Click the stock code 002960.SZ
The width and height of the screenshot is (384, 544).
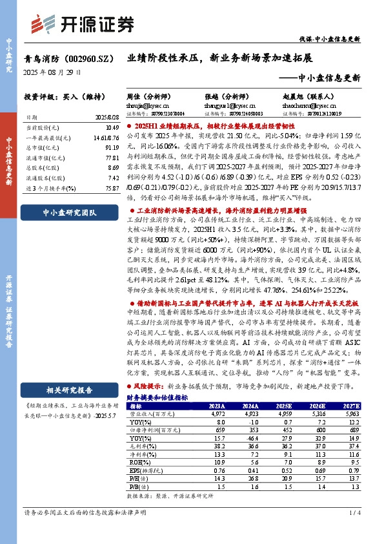point(87,58)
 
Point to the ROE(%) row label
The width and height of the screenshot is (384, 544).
point(137,463)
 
